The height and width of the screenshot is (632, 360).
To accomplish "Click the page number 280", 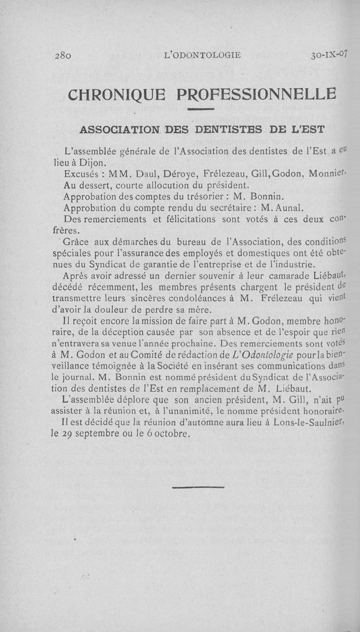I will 63,56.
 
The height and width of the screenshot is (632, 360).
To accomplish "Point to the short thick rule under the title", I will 200,109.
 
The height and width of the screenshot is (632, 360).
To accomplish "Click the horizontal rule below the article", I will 198,487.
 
